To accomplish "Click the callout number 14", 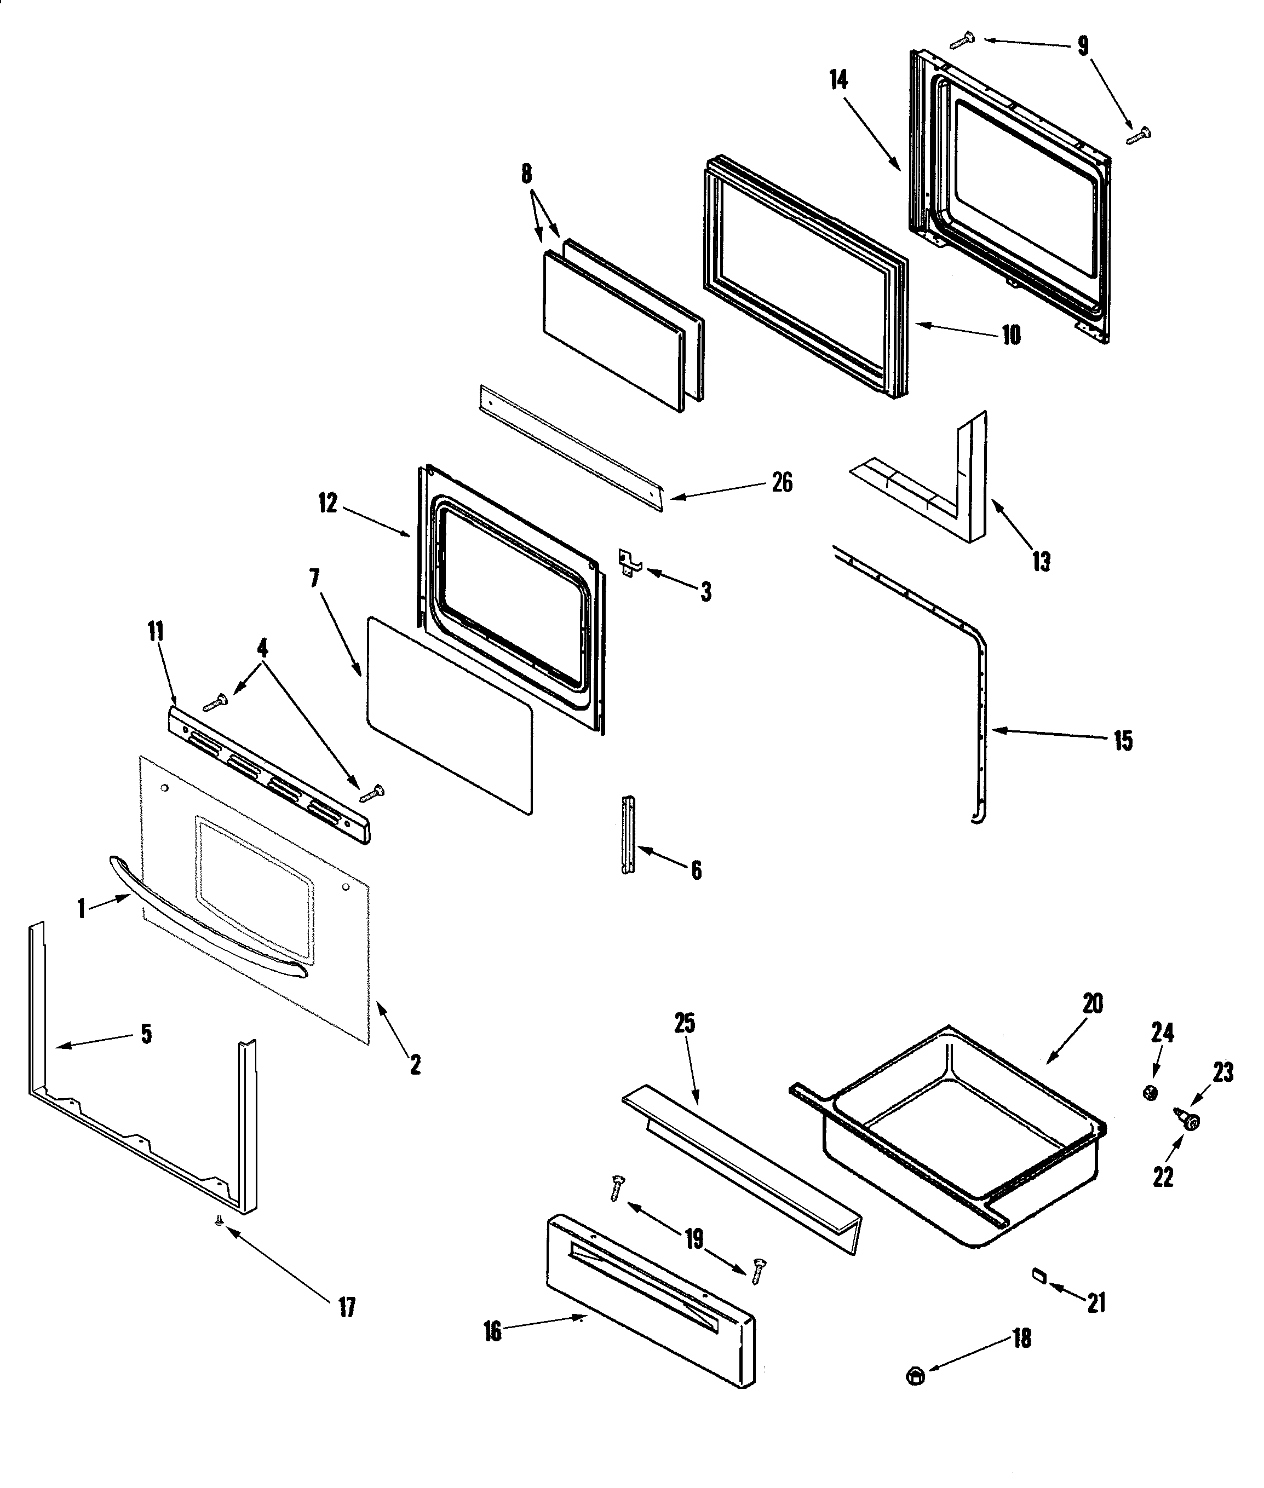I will (838, 80).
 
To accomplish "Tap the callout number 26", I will (782, 483).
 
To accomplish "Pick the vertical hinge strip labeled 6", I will (628, 835).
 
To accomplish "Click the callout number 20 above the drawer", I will (1092, 1005).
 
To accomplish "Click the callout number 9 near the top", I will (1083, 47).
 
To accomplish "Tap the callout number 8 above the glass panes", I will (527, 174).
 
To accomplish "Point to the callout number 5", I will (146, 1034).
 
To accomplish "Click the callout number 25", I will (685, 1024).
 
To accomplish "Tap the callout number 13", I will (1041, 562).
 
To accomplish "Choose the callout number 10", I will (1010, 335).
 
